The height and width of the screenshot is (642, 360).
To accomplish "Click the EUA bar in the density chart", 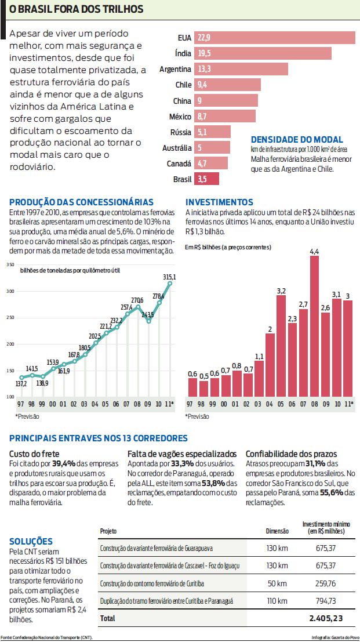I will click(x=274, y=38).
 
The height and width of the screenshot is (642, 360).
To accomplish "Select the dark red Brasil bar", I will click(x=206, y=179).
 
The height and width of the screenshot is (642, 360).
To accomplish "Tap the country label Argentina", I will click(x=175, y=69).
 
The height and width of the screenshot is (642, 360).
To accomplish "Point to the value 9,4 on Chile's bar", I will click(x=202, y=85).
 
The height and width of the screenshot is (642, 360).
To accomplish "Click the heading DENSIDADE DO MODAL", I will click(x=297, y=140).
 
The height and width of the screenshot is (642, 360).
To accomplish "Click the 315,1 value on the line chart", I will click(x=169, y=277).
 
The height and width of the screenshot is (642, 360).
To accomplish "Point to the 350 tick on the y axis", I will click(x=10, y=264).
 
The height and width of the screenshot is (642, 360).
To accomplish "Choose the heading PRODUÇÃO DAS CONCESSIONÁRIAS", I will click(x=81, y=202).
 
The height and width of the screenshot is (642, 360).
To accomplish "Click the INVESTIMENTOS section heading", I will click(x=219, y=202).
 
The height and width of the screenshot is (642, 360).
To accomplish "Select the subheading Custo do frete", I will click(x=35, y=454).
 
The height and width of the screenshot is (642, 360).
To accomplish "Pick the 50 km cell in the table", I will click(x=277, y=583).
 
